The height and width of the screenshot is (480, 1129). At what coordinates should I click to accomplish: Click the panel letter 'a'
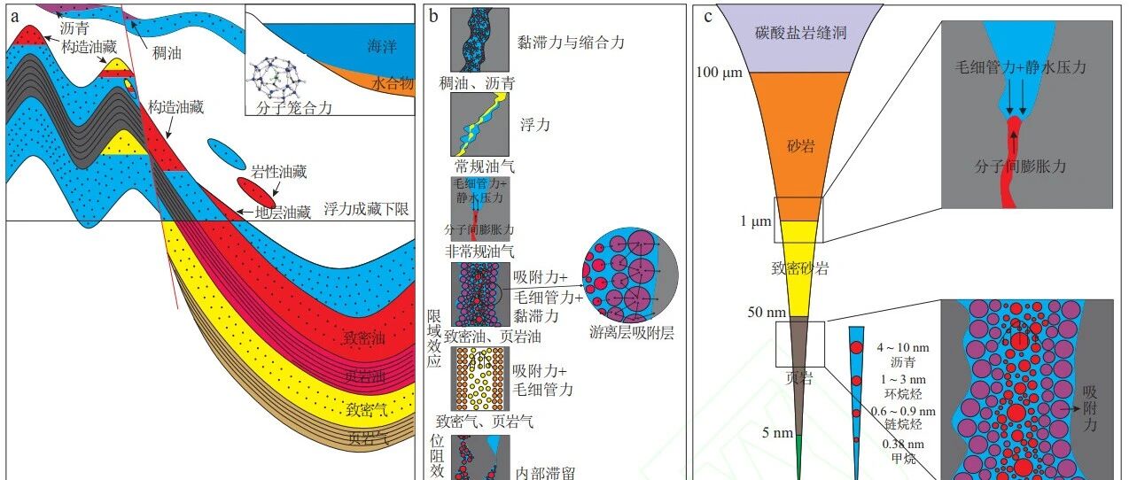(14, 15)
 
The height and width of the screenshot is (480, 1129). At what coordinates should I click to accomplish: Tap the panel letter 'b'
(433, 15)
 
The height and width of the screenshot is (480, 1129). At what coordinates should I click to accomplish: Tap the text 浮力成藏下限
(366, 209)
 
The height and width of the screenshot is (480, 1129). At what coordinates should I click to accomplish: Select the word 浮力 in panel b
(533, 125)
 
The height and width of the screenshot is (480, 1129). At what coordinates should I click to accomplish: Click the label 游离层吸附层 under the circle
(632, 334)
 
